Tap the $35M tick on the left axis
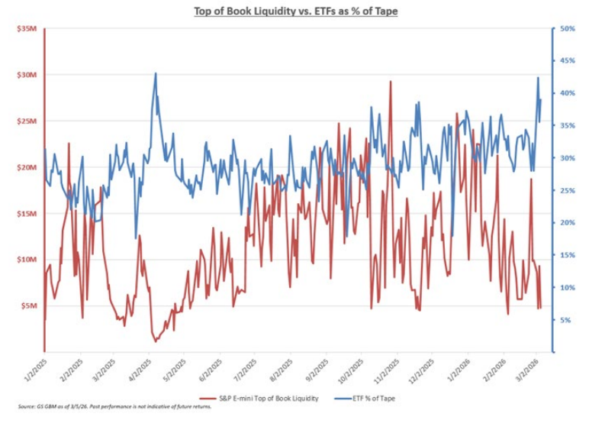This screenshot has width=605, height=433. click(x=27, y=29)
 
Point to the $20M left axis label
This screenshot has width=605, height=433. click(x=27, y=167)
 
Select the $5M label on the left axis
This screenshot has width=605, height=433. click(x=29, y=306)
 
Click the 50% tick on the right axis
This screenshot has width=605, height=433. click(x=567, y=29)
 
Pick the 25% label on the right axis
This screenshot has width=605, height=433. click(x=567, y=191)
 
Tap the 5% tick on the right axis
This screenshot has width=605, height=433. click(x=565, y=320)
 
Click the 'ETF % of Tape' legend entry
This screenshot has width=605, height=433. click(x=369, y=399)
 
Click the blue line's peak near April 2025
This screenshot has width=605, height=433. click(x=156, y=73)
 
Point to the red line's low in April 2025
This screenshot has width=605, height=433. click(x=156, y=341)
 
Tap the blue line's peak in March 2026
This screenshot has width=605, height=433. click(x=538, y=78)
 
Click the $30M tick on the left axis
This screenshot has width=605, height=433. click(x=27, y=75)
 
